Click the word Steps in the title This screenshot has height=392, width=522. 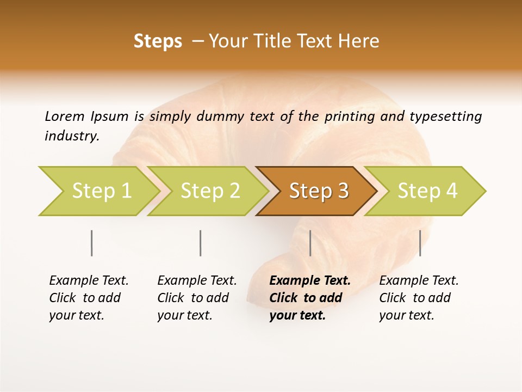[x=158, y=41]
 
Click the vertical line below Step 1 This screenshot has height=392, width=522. [x=92, y=243]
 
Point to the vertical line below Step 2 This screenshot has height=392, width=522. [x=201, y=243]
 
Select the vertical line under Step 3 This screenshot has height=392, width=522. [x=310, y=243]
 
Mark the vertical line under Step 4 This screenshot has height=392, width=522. [x=420, y=243]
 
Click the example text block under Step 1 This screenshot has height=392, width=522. [x=89, y=298]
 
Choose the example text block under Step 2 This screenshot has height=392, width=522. [x=197, y=298]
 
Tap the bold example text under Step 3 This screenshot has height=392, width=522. [x=310, y=298]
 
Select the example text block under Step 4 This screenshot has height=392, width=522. [x=419, y=298]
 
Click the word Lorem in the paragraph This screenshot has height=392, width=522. [x=64, y=116]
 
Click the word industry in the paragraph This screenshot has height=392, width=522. [x=71, y=136]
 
